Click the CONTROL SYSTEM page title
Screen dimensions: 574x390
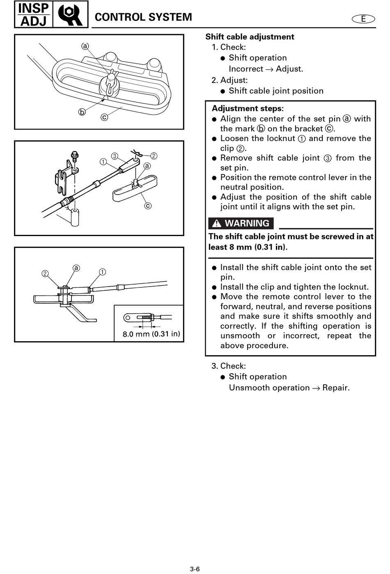143,17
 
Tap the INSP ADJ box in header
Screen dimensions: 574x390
34,14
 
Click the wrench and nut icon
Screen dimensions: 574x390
70,15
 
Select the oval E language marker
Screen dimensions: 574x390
363,19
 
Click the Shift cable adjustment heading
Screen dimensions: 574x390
250,37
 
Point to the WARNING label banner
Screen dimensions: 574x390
241,223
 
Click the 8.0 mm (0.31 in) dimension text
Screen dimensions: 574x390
151,334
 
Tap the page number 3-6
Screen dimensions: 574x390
195,569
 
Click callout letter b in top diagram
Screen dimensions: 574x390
82,112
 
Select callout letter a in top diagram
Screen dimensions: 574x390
85,46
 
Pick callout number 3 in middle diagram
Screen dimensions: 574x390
115,156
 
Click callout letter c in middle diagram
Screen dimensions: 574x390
148,206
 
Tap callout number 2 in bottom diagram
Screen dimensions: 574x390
45,273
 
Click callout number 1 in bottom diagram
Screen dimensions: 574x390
102,272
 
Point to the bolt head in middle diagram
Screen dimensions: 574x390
75,155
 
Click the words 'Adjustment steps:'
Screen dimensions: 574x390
248,109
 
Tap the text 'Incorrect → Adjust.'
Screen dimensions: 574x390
266,69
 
